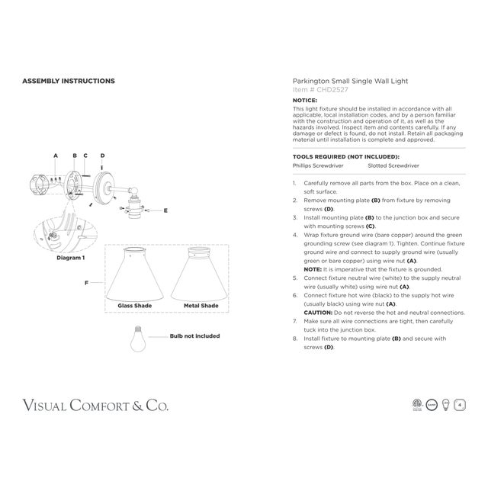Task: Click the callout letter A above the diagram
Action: tap(56, 156)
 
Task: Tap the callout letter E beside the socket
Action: tap(165, 209)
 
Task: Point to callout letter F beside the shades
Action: tap(87, 283)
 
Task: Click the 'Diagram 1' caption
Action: tap(72, 258)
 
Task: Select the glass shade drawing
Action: tap(134, 275)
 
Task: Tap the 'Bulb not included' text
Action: tap(194, 336)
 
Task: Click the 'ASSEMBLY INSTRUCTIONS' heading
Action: tap(68, 81)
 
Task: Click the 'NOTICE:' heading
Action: tap(305, 101)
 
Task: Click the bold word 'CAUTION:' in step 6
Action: tap(317, 313)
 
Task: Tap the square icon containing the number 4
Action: tap(460, 405)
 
